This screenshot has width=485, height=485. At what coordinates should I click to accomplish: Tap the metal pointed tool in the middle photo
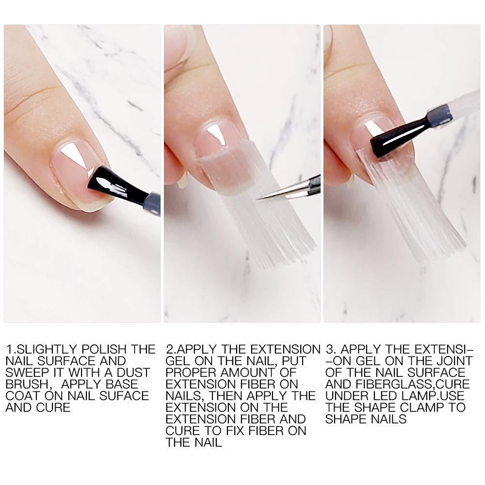click(288, 189)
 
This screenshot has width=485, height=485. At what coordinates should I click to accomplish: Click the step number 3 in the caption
click(330, 350)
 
